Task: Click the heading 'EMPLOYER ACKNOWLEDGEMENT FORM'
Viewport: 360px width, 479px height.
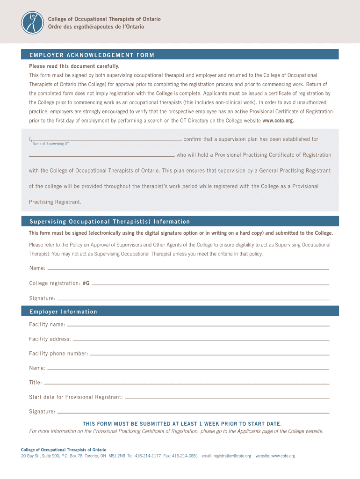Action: coord(92,55)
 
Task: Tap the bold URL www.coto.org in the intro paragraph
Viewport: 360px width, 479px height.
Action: coord(279,120)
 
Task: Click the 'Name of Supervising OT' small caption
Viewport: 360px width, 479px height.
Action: coord(50,144)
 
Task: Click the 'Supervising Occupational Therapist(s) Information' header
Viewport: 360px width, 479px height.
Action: coord(110,222)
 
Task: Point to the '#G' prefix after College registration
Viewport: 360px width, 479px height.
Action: coord(86,283)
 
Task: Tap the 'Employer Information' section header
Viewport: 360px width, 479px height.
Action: coord(63,312)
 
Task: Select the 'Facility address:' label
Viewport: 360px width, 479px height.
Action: coord(50,339)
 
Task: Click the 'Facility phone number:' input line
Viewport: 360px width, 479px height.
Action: coord(209,354)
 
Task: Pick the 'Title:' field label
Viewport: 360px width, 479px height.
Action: coord(36,383)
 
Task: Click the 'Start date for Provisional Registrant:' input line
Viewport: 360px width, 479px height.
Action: coord(227,397)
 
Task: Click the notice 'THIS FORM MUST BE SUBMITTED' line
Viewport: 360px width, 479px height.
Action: coord(182,424)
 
